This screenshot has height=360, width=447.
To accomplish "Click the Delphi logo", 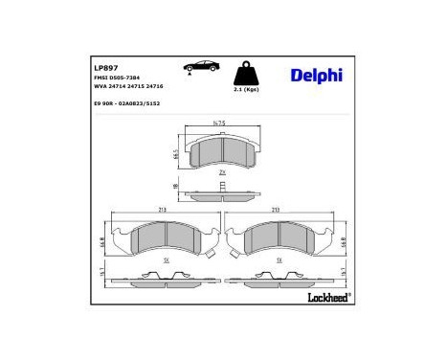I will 311,75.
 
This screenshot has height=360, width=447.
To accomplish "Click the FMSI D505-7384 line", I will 119,79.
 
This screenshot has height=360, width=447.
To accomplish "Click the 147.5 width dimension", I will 221,124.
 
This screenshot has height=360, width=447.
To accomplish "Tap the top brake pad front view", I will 221,151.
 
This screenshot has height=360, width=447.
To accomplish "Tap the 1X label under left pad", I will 167,260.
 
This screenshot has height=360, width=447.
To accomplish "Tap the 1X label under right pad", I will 278,260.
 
